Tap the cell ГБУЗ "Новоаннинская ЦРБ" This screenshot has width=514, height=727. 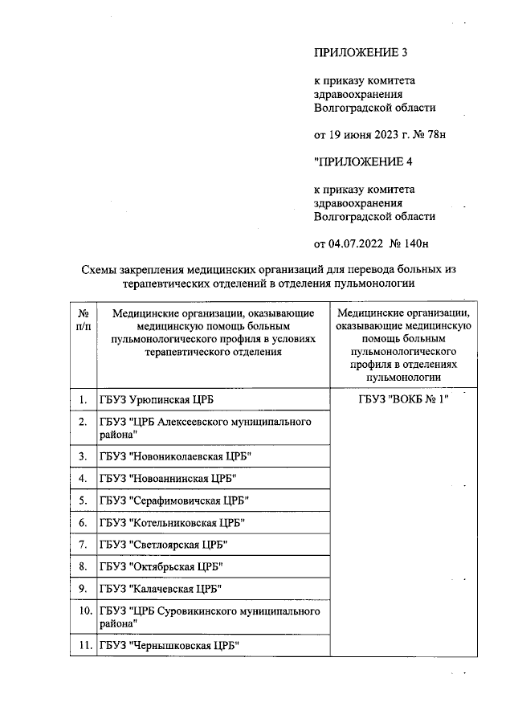[169, 479]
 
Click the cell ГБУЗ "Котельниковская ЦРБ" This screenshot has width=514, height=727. [172, 522]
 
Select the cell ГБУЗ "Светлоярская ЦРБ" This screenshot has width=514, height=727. [164, 544]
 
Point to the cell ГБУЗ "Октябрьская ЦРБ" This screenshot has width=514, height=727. [161, 566]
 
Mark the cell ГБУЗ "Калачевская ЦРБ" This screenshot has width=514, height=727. [161, 588]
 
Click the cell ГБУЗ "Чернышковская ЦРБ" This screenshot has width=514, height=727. [169, 645]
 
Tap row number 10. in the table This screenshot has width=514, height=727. [83, 611]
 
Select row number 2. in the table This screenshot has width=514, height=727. [83, 422]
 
